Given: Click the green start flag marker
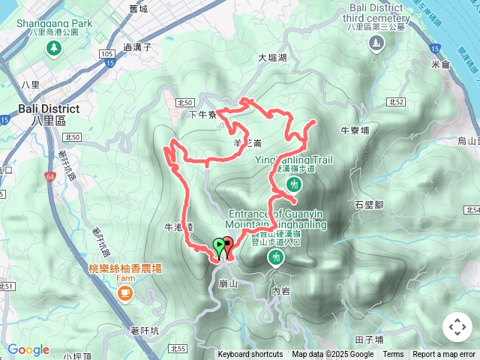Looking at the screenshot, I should pyautogui.click(x=218, y=244).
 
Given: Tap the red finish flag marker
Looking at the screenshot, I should pyautogui.click(x=227, y=243).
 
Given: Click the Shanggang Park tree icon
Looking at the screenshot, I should pyautogui.click(x=54, y=49).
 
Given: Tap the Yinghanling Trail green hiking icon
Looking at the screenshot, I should pyautogui.click(x=295, y=184).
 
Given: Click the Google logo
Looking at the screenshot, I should pyautogui.click(x=28, y=350).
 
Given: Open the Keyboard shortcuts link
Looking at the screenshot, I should pyautogui.click(x=250, y=355).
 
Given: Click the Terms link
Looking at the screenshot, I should pyautogui.click(x=393, y=355).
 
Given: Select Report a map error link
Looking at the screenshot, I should pyautogui.click(x=444, y=355).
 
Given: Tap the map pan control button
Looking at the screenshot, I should pyautogui.click(x=457, y=327).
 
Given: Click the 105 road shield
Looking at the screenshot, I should pyautogui.click(x=106, y=54).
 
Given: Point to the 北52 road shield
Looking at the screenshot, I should pyautogui.click(x=397, y=101).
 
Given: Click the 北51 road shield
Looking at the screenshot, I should pyautogui.click(x=7, y=286).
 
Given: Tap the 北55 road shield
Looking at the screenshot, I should pyautogui.click(x=178, y=349).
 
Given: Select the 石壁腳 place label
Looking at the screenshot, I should pyautogui.click(x=369, y=205).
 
